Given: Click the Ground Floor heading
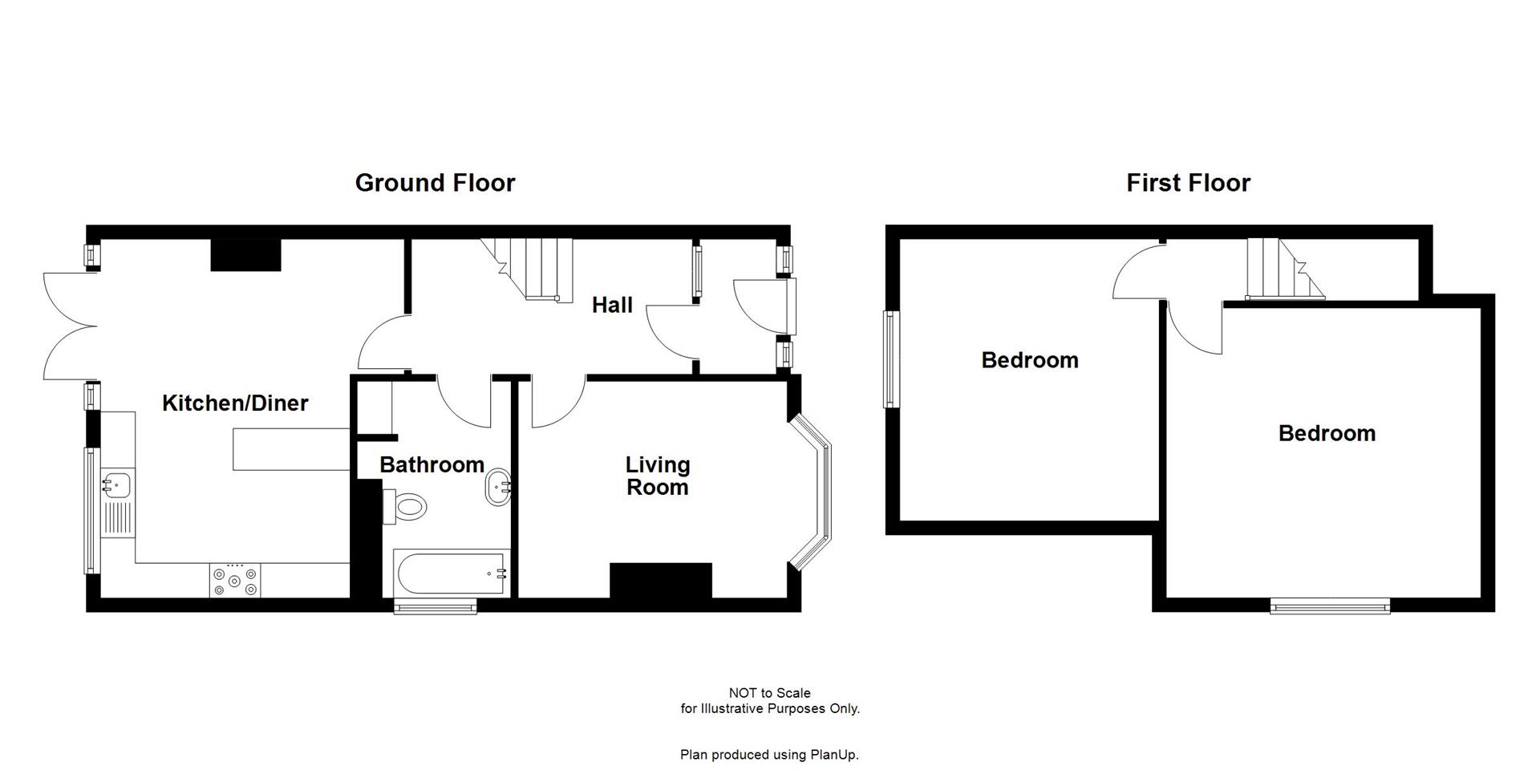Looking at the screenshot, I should point(435,183).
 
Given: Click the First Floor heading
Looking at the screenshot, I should point(1188,183).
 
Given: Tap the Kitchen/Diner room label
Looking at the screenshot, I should point(235,403).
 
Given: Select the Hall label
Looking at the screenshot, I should point(612,305).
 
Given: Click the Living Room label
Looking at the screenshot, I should point(657,476).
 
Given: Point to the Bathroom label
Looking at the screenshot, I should point(432,464).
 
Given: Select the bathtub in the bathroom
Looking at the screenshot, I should point(452,573).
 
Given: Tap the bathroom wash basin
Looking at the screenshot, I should point(498,487).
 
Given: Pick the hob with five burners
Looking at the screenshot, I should point(234,581).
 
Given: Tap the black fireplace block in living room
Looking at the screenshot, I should point(661,580).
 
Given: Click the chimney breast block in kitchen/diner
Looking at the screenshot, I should point(245,254).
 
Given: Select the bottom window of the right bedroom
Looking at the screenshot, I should point(1330,606).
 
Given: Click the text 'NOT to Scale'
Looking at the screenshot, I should point(769,693).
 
